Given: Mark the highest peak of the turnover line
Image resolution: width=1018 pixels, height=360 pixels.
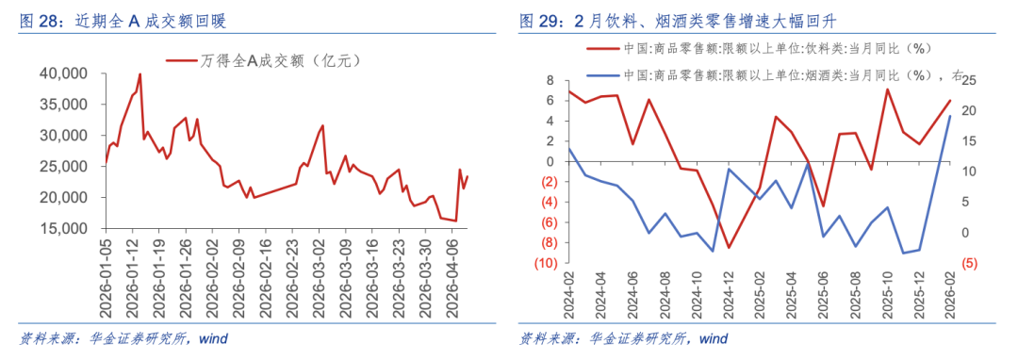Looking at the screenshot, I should pos(140,74).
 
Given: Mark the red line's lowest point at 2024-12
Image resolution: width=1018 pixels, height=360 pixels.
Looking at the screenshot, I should pos(729,248).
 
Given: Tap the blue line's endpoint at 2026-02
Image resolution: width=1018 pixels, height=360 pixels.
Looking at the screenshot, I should pos(950,116).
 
